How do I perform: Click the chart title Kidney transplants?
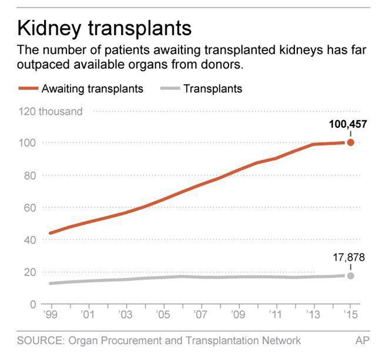pos(105,27)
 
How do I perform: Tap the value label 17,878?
pos(349,258)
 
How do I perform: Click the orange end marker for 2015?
pos(350,142)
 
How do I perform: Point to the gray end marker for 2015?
pos(350,276)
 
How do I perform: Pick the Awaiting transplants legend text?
pos(93,89)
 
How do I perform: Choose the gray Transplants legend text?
pos(213,89)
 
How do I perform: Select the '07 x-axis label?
pos(200,314)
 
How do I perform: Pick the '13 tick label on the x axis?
pos(312,314)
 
